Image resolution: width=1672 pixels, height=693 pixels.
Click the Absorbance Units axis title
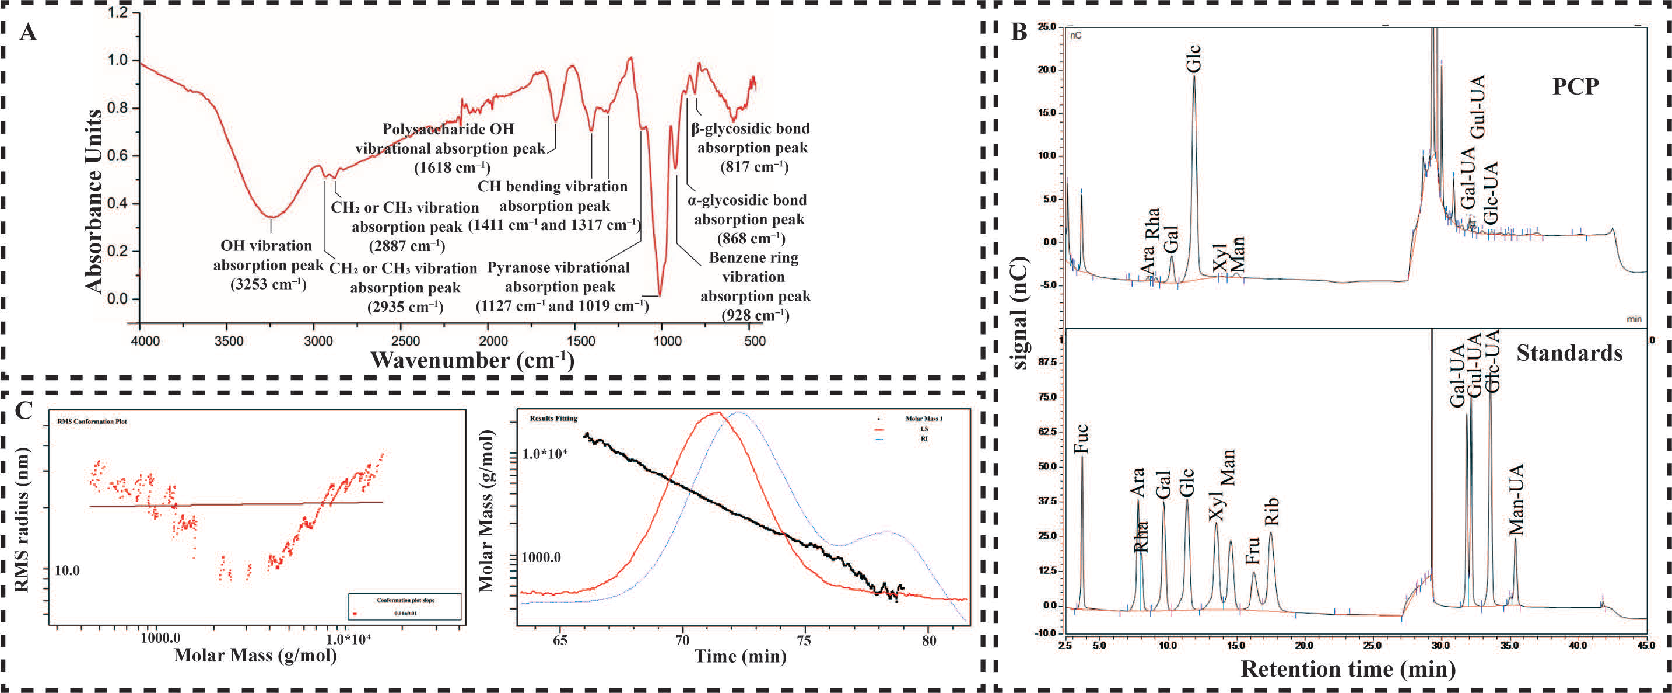[x=94, y=201]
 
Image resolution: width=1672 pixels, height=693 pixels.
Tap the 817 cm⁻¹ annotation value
[x=754, y=167]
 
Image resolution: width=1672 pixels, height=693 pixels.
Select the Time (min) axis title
[x=740, y=656]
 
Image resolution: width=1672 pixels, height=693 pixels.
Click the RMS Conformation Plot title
[x=92, y=422]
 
